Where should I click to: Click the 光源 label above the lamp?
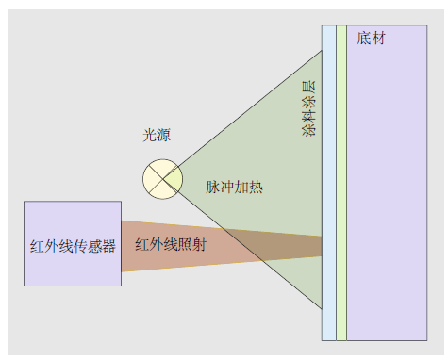coord(157,136)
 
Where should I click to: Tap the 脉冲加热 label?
coord(234,187)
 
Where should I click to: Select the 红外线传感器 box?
coord(73,243)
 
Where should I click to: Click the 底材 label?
coord(372,39)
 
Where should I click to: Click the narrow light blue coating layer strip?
coord(328,188)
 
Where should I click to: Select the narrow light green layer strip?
coord(340,188)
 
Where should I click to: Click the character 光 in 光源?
coord(149,136)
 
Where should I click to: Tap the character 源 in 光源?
coord(164,136)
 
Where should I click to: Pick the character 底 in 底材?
coord(364,39)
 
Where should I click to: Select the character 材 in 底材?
coord(378,39)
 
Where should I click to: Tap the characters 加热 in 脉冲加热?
coord(248,187)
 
